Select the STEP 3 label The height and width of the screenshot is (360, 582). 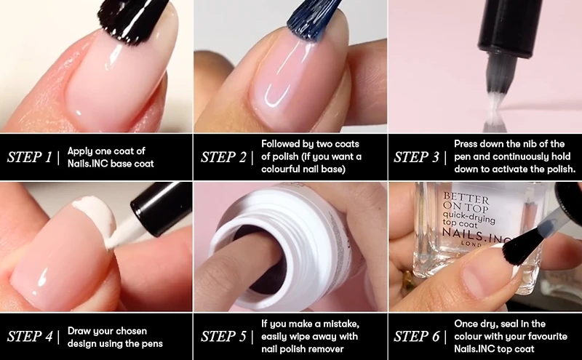point(418,157)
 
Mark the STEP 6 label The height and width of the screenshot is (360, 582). point(418,337)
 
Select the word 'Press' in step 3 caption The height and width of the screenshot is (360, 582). point(469,144)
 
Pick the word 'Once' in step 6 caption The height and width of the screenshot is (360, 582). point(468,323)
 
